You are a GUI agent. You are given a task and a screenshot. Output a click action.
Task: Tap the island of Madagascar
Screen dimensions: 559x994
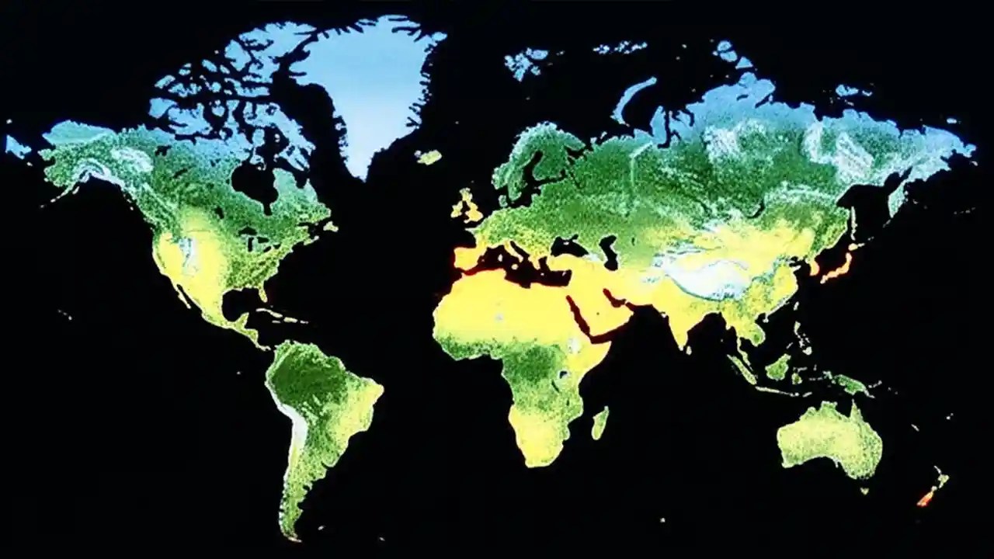tap(600, 423)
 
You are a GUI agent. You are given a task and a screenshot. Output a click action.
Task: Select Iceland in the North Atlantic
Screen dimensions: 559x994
tap(429, 157)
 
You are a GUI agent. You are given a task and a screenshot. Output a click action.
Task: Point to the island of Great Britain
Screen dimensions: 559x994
tap(468, 206)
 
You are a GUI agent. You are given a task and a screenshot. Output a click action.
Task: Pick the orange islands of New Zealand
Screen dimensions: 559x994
tap(932, 489)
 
